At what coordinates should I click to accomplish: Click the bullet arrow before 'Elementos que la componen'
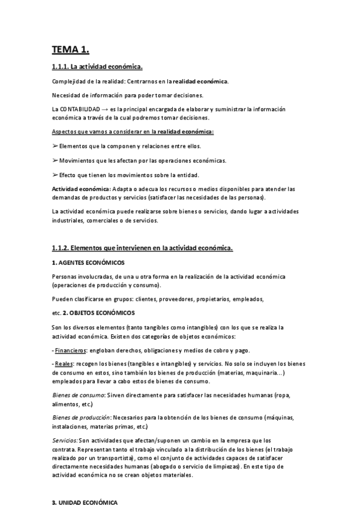pyautogui.click(x=55, y=146)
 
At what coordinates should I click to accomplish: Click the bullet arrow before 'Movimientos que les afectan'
pyautogui.click(x=55, y=160)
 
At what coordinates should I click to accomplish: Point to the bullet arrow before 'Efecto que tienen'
pyautogui.click(x=55, y=175)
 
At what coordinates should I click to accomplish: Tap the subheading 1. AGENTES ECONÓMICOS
pyautogui.click(x=88, y=262)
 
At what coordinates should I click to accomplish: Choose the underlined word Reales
pyautogui.click(x=63, y=364)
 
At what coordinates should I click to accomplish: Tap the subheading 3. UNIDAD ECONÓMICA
pyautogui.click(x=85, y=502)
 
